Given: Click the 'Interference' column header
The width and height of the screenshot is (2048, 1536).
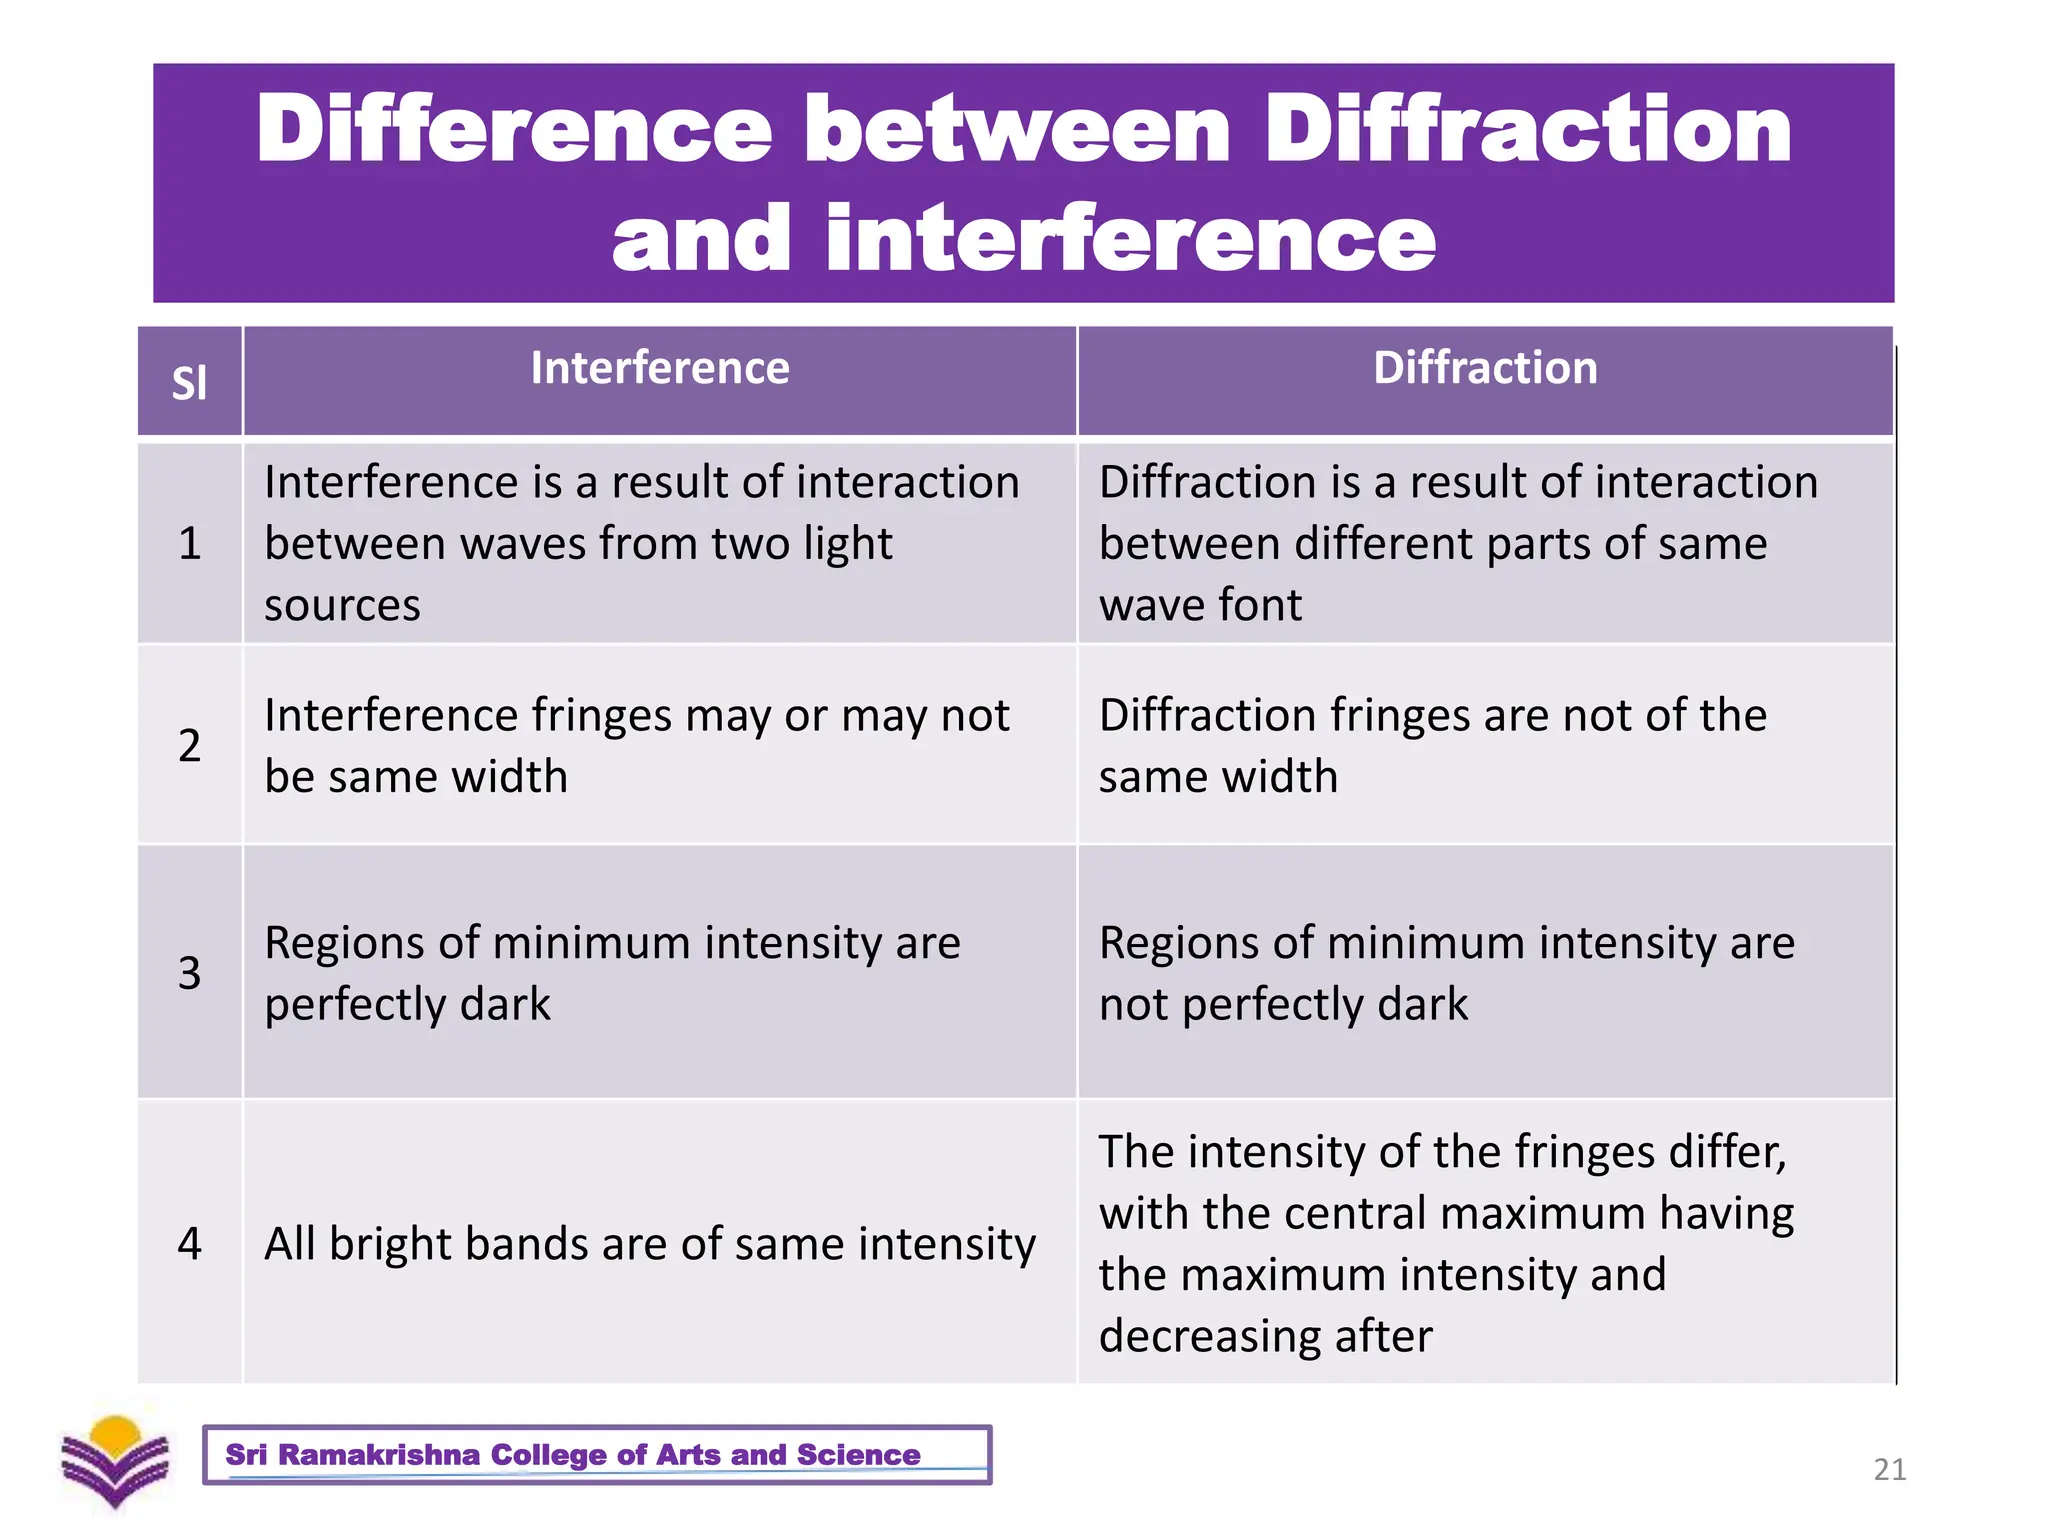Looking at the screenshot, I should click(x=659, y=368).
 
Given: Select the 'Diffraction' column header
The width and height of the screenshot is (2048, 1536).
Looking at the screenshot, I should click(x=1485, y=368).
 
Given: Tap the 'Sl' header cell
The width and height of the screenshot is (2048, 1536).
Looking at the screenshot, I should click(x=189, y=383).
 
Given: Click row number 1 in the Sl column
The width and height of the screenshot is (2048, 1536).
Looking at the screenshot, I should click(x=189, y=543).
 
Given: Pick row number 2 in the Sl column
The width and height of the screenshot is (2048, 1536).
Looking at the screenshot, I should click(x=189, y=745).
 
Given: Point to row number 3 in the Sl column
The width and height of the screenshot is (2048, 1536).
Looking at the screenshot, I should click(x=189, y=972).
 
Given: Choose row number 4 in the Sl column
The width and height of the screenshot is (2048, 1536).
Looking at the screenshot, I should click(x=189, y=1243).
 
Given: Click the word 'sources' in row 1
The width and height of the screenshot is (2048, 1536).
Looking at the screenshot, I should click(x=342, y=606).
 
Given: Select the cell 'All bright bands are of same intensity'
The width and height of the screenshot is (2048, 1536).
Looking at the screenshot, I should click(x=650, y=1244).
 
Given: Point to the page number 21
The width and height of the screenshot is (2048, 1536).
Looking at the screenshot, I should click(x=1889, y=1469).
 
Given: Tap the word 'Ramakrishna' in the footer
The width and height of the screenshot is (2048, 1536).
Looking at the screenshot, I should click(x=379, y=1455).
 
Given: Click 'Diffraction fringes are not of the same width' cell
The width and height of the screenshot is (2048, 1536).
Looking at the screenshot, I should click(x=1432, y=745).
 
